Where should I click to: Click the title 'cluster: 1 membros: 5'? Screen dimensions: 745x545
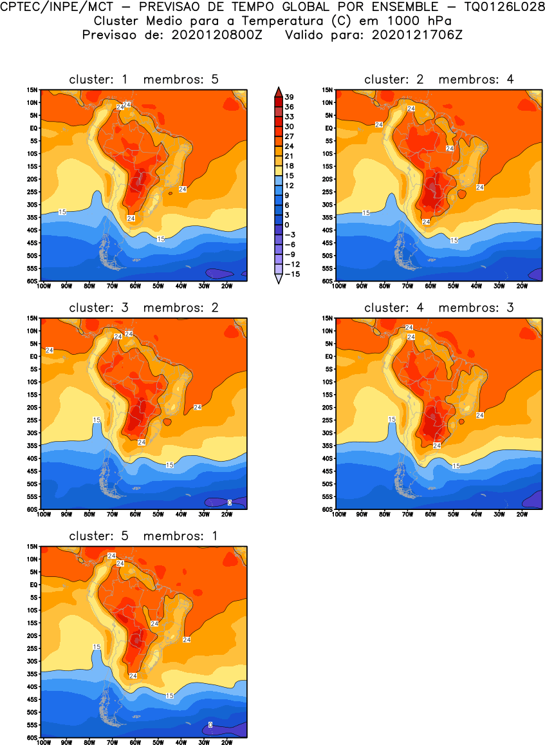click(x=143, y=79)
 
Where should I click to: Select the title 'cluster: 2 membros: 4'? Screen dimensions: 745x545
click(x=439, y=79)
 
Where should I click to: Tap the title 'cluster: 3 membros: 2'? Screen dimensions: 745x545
click(x=143, y=308)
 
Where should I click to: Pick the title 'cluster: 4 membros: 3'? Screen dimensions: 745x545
click(x=439, y=308)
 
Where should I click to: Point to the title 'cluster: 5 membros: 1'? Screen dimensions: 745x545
click(x=143, y=536)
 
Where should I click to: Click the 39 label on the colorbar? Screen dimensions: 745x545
click(x=290, y=97)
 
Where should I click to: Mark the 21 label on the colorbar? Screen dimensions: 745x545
click(x=290, y=156)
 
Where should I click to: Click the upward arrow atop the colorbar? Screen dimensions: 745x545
click(x=278, y=91)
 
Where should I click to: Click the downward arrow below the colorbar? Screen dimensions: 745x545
click(x=278, y=279)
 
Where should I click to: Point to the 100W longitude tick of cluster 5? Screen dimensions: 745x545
click(x=44, y=742)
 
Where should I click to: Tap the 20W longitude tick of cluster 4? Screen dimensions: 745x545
click(x=522, y=514)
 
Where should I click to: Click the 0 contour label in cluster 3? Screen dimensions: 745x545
click(x=230, y=502)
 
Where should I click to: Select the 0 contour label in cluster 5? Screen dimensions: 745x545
click(x=210, y=725)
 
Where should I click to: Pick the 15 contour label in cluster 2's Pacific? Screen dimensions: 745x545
click(x=366, y=212)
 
